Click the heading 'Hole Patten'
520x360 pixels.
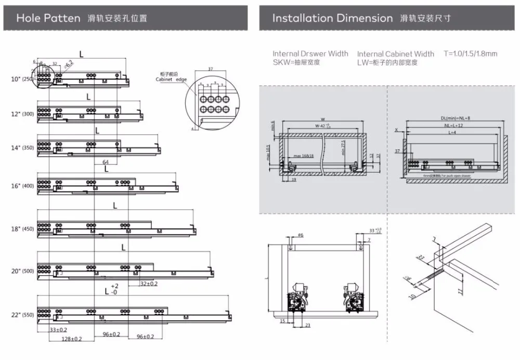48,18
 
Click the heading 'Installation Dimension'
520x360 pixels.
332,18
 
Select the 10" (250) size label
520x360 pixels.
22,79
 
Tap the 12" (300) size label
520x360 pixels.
22,113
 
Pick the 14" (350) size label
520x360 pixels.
22,148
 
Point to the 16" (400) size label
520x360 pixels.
22,186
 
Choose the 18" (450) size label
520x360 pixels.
22,229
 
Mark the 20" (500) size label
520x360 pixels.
22,271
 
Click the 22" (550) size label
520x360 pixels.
22,315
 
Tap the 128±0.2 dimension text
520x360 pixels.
72,339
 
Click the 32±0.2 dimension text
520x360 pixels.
149,284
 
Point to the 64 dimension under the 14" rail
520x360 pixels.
106,161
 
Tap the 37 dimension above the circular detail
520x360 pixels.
211,69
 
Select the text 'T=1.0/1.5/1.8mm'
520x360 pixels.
470,54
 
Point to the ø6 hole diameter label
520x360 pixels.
301,235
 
